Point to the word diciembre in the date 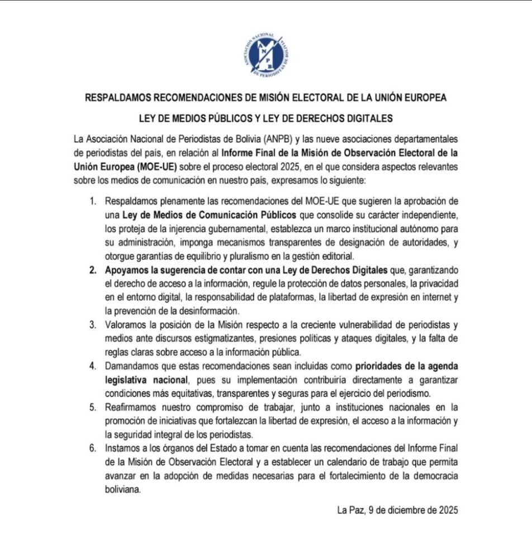click(409, 510)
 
